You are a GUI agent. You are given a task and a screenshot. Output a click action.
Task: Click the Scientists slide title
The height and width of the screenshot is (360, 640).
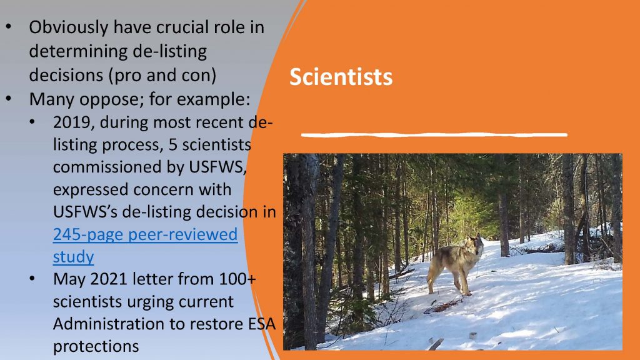pos(341,77)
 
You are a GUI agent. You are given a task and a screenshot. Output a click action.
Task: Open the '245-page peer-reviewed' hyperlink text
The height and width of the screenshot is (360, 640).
pos(145,234)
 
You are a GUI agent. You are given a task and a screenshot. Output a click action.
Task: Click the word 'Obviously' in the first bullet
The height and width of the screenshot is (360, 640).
pos(69,27)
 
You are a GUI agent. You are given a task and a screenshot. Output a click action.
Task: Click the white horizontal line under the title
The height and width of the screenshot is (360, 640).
pos(434,134)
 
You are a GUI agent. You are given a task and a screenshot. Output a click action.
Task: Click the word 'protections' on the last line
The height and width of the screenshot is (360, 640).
pos(96,346)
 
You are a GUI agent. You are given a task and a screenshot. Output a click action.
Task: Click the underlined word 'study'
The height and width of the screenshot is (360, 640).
pos(74,257)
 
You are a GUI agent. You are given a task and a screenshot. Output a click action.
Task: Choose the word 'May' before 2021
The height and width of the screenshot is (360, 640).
pos(69,279)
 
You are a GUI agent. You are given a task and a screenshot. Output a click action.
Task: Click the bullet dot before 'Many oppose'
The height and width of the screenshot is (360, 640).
pos(9,99)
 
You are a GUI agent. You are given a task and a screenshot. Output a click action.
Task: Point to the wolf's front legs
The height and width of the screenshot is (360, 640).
pos(464,282)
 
